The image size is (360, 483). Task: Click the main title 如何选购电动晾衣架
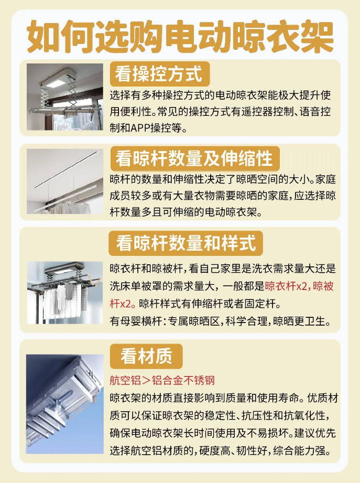180,37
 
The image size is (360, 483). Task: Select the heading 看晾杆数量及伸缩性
195,158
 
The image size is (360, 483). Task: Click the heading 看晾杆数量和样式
186,243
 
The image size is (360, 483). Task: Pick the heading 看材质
146,357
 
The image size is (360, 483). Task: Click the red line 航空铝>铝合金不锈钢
162,381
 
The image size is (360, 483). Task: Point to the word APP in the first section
140,128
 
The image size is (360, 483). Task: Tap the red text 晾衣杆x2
286,286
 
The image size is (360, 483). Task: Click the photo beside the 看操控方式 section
65,96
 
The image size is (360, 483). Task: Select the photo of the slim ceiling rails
65,181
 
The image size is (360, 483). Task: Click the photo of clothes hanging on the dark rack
65,293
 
